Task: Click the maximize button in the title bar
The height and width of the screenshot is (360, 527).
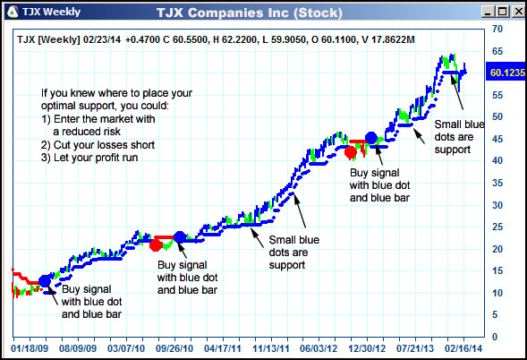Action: tap(498, 12)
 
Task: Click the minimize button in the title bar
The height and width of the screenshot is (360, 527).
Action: tap(483, 12)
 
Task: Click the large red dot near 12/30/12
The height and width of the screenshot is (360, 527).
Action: tap(352, 152)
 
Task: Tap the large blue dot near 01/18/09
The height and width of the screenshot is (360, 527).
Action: tap(46, 280)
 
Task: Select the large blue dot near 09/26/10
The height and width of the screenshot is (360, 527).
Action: tap(179, 237)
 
